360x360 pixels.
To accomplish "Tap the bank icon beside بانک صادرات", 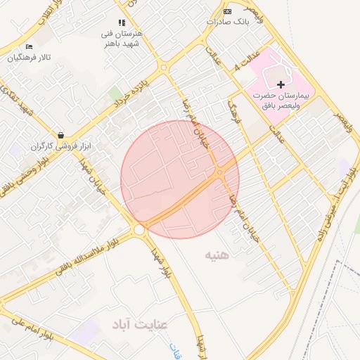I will pyautogui.click(x=226, y=11).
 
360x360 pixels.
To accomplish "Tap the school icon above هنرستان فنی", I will pyautogui.click(x=122, y=22).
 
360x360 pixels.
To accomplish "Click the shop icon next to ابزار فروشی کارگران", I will pyautogui.click(x=61, y=135).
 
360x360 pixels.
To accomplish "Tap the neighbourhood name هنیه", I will pyautogui.click(x=218, y=253).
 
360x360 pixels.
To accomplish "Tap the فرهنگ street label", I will pyautogui.click(x=235, y=111).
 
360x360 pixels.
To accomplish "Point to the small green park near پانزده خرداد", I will pyautogui.click(x=115, y=94).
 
